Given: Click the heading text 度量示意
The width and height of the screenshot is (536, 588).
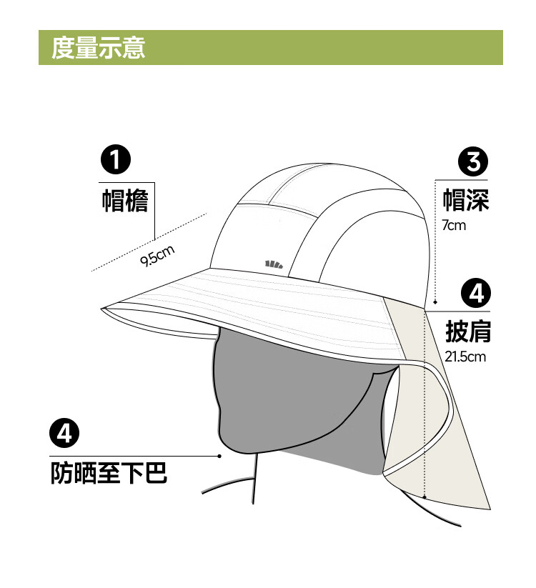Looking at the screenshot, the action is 98,48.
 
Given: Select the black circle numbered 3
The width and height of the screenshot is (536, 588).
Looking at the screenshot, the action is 473,163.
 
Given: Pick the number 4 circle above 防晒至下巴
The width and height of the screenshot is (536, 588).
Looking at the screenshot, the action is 64,434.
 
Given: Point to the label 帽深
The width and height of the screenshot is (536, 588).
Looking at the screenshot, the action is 465,200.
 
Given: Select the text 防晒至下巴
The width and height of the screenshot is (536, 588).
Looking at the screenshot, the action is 109,473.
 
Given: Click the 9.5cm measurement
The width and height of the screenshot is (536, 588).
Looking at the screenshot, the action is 157,255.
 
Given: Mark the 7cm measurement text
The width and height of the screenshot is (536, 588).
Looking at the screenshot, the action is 453,226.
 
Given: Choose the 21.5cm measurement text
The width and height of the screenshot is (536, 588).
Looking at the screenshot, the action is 465,357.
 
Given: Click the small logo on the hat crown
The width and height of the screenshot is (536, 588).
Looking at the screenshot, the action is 274,264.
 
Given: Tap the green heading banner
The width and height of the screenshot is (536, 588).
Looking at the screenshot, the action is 322,48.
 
